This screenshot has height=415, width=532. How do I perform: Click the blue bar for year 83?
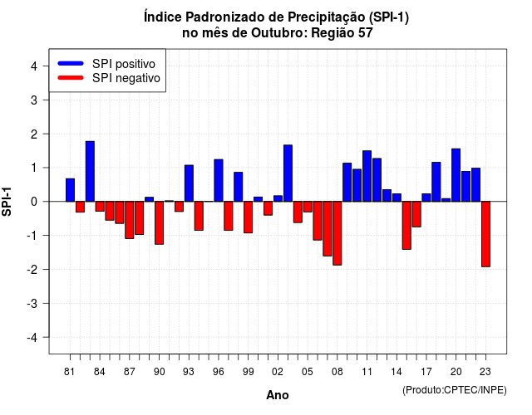click(90, 171)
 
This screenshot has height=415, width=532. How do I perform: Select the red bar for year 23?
click(485, 234)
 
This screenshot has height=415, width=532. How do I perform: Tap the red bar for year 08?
click(337, 233)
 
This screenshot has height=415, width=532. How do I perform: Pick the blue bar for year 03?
click(288, 173)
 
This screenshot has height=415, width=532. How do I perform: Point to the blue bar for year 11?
click(367, 176)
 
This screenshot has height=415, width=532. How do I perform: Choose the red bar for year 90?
click(159, 223)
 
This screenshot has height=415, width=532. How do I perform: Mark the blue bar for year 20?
click(456, 175)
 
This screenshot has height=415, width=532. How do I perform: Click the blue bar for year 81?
click(70, 190)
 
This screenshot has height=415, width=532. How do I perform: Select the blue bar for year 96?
click(219, 180)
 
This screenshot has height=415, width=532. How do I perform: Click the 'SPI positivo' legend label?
click(124, 64)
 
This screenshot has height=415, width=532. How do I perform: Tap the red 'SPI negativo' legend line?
click(71, 78)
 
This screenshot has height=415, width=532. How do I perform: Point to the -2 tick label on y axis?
click(33, 269)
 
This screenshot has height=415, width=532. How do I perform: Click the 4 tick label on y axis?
click(34, 66)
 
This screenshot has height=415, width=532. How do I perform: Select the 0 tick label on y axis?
click(34, 202)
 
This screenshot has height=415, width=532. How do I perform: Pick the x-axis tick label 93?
click(189, 372)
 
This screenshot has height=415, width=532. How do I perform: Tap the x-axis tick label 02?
click(278, 372)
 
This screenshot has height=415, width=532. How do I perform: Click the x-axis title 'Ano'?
click(278, 395)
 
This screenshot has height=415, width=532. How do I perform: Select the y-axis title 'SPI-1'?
click(7, 202)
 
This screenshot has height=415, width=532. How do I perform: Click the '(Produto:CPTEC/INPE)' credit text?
click(455, 390)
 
